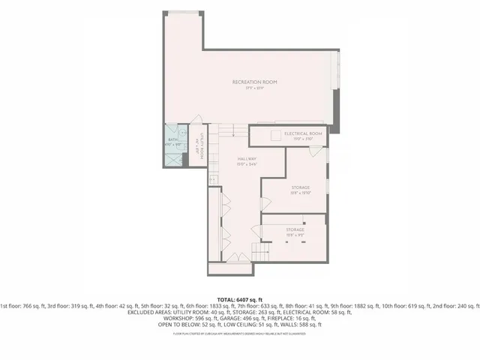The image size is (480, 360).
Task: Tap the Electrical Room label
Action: click(x=303, y=133)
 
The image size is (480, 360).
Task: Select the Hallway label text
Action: click(x=247, y=158)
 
